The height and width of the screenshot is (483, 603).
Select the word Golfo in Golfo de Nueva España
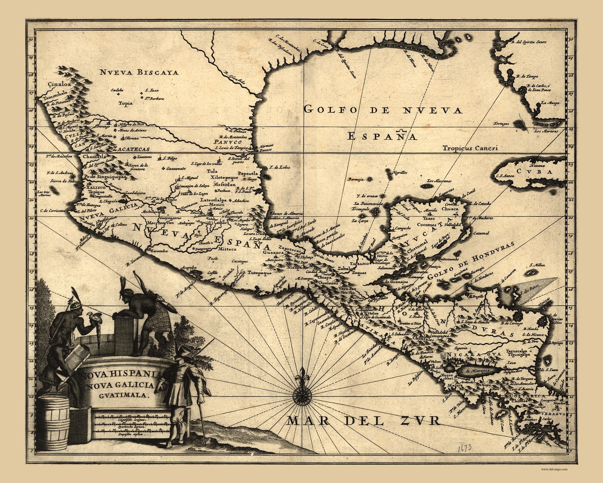point(325,110)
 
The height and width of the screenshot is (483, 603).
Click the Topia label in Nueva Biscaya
point(126,103)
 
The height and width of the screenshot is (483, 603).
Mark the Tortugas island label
point(501,124)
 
